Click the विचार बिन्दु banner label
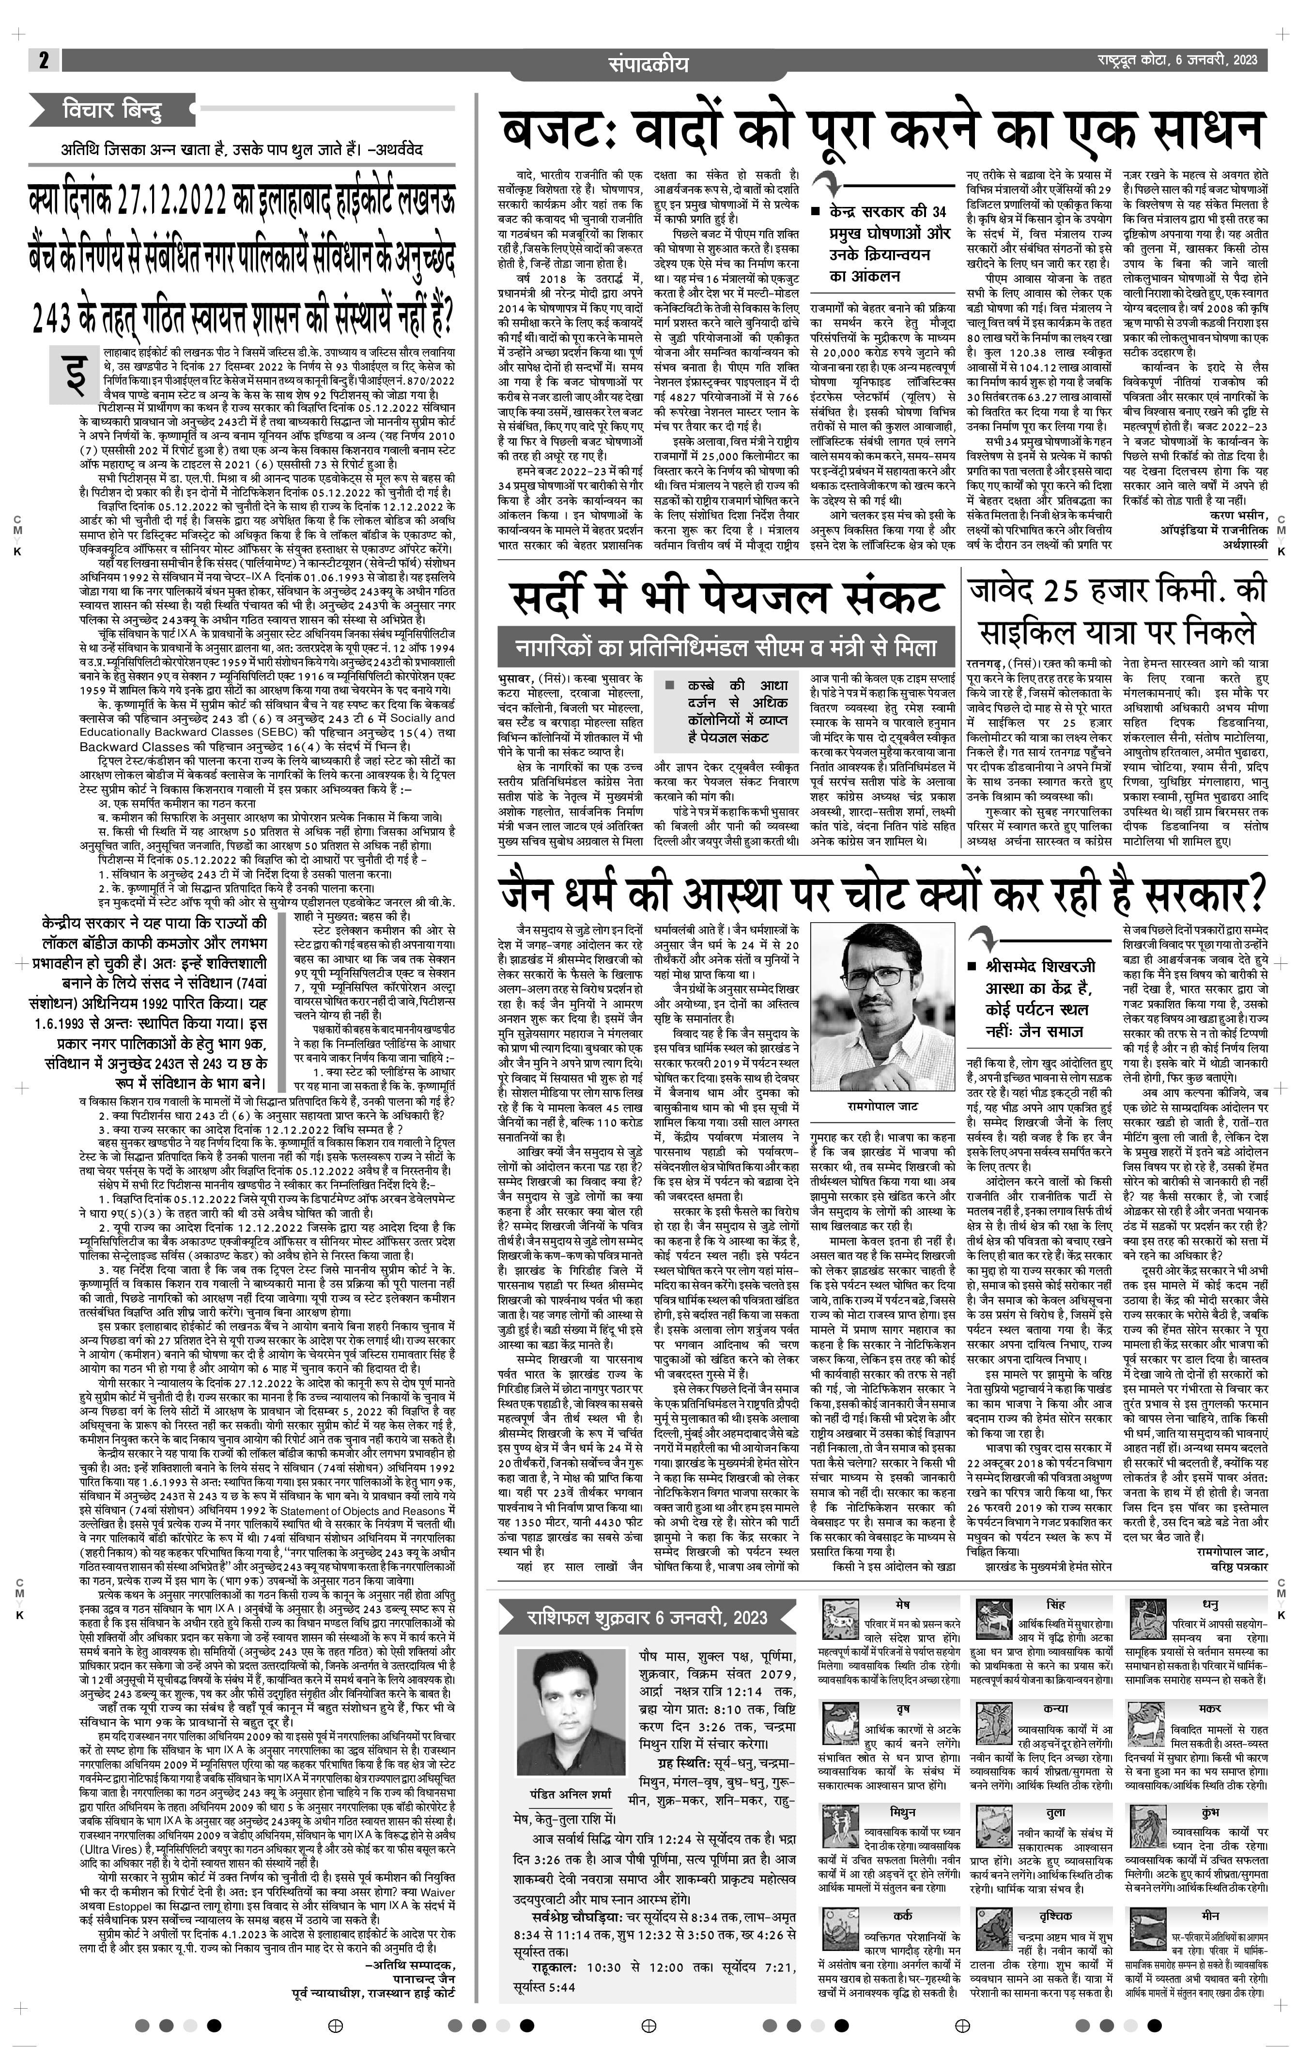(111, 110)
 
